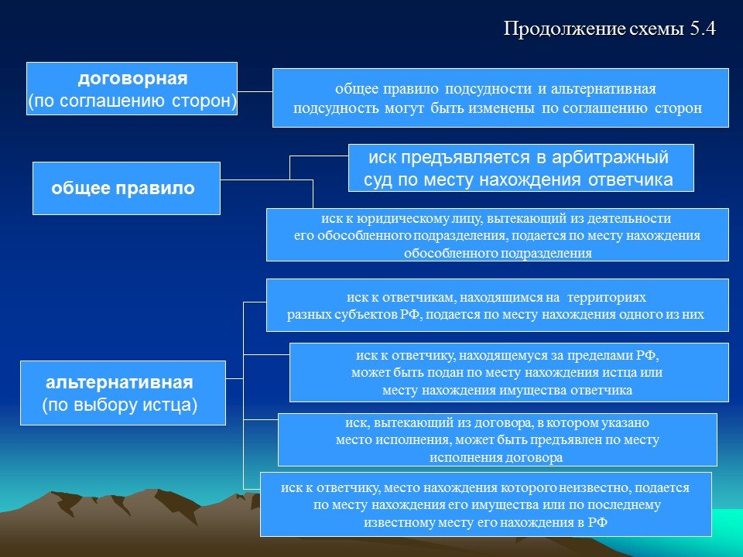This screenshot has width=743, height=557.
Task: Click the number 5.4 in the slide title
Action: pos(703,29)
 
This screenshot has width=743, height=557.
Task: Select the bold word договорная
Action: pos(132,78)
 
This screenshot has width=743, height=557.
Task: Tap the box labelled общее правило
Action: pos(126,188)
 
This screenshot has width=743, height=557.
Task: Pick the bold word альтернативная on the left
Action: pos(119,382)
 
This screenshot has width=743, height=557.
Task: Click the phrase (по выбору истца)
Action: pos(119,405)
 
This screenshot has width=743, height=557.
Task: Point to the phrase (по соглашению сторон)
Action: pos(132,101)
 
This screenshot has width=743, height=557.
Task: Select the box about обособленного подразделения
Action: pos(498,235)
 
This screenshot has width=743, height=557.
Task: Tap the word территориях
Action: pos(607,297)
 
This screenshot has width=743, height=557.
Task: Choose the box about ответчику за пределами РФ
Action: pos(509,372)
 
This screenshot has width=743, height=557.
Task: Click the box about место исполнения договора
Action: pos(497,439)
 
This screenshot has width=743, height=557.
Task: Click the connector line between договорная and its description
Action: pos(255,91)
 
